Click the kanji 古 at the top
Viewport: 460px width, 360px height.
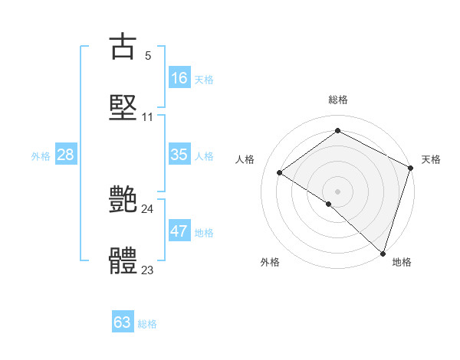123,46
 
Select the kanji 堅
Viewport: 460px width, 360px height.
123,106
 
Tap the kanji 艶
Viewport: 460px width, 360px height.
123,200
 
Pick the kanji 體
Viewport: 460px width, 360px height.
123,260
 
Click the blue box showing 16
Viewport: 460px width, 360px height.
179,78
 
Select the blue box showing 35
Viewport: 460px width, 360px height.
179,155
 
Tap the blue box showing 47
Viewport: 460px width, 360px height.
179,231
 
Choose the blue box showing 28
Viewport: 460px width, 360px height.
66,155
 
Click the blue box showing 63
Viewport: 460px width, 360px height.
123,322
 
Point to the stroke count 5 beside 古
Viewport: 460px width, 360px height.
147,55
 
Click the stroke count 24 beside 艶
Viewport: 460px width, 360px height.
147,208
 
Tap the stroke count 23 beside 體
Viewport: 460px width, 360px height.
147,270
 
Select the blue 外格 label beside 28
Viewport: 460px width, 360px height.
41,155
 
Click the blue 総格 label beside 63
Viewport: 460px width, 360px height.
147,323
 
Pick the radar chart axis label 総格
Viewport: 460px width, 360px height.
337,100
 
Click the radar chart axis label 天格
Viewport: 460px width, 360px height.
431,159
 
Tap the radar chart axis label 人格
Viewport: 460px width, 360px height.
245,159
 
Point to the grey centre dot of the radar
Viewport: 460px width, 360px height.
337,191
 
